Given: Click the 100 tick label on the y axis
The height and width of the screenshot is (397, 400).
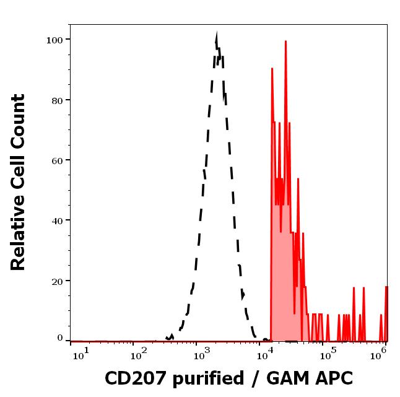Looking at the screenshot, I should click(x=54, y=40).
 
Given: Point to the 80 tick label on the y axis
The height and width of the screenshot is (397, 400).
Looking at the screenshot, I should click(x=56, y=100).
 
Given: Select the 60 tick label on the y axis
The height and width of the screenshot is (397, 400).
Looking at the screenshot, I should click(x=56, y=160).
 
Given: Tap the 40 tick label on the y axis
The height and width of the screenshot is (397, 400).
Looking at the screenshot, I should click(x=56, y=220).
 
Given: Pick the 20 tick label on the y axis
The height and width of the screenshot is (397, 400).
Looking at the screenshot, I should click(x=56, y=281).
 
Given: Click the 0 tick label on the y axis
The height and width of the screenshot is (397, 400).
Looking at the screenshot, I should click(x=60, y=338).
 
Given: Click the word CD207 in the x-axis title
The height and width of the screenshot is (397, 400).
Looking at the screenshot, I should click(x=131, y=378).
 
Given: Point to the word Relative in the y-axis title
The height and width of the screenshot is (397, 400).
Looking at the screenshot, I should click(x=19, y=238).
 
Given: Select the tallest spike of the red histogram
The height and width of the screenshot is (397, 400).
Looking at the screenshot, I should click(x=285, y=41).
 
